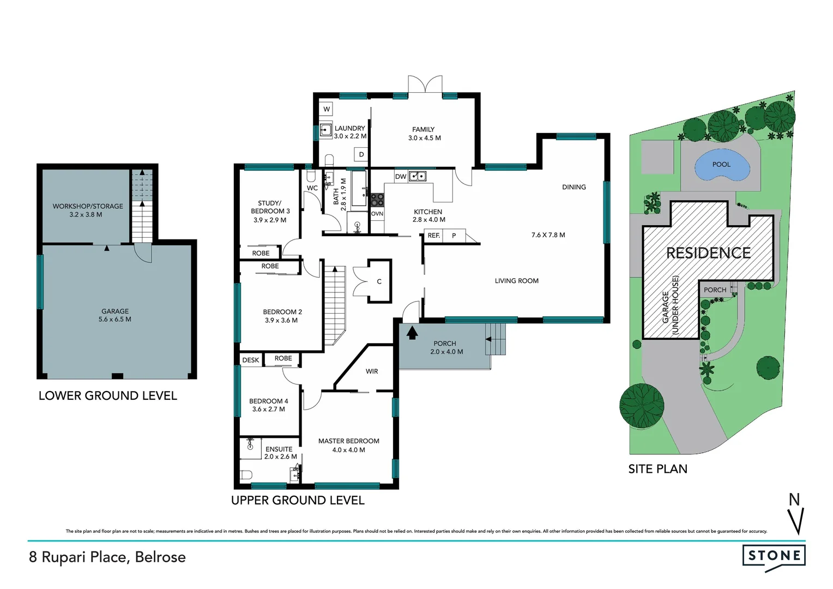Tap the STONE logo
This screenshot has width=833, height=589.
coord(774,556)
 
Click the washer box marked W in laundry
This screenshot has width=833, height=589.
coord(327,109)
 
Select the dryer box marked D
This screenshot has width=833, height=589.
coord(361,155)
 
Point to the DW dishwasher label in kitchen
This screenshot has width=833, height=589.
coord(400,177)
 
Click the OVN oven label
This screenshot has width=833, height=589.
coord(377,214)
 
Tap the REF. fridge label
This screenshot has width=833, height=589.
coord(433,236)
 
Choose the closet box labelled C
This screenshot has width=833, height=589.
coord(379,281)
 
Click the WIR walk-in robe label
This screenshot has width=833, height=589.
coord(372,371)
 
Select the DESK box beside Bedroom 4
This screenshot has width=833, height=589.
coord(251,360)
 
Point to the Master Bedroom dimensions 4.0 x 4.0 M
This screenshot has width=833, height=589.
coord(348,450)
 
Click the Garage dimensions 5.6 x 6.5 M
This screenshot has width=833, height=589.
coord(115,320)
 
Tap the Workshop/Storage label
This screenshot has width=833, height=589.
coord(88,206)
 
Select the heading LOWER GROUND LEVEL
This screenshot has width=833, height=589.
coord(107,396)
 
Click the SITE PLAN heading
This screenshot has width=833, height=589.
coord(657,469)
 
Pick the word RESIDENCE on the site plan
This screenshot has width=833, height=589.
coord(708,253)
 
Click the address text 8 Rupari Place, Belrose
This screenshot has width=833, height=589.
coord(107,557)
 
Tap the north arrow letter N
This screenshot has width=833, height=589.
coord(794,499)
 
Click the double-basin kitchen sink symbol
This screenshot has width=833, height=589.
coord(418,176)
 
